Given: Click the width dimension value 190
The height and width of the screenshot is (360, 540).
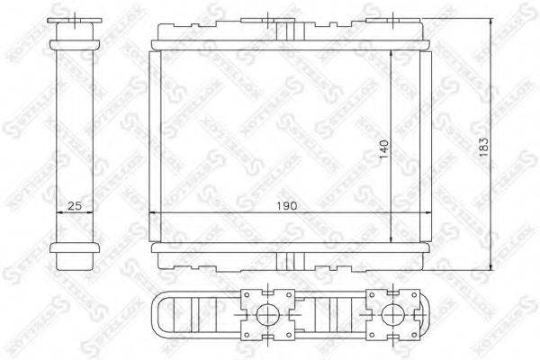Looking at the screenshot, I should tap(290, 206).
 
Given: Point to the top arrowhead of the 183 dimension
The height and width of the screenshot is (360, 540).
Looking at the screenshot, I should tap(492, 21).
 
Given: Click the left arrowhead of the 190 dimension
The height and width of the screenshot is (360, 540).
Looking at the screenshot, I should tap(150, 212).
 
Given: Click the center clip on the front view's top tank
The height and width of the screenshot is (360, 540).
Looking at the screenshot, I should tap(290, 31).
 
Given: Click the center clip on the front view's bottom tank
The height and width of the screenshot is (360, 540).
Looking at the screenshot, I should tap(290, 261).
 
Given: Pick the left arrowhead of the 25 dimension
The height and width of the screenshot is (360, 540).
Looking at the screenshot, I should tap(59, 212).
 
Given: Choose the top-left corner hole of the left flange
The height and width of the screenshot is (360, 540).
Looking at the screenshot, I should tap(248, 294).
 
